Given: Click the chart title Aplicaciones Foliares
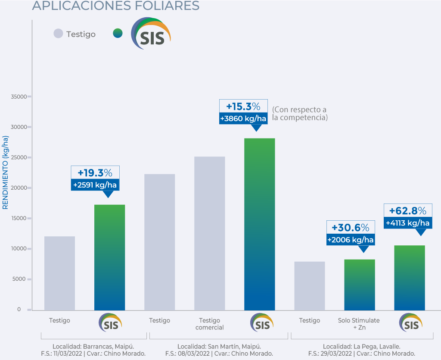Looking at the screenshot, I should (115, 6).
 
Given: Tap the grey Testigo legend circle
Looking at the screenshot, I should (58, 34).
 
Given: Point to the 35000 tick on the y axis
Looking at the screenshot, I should (19, 97).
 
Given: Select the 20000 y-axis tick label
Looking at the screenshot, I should (19, 188).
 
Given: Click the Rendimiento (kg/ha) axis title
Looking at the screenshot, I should (6, 172).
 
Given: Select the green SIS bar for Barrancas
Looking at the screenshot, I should (109, 257).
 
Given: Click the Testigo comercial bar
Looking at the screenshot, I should (209, 233).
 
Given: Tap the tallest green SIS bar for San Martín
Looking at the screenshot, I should (259, 224).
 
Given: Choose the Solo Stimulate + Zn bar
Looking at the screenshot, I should (359, 285).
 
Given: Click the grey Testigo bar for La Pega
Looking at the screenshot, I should (309, 286).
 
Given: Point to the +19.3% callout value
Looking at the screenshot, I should (95, 173).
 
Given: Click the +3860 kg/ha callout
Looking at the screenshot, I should (243, 119).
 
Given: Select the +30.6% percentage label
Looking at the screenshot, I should (350, 228).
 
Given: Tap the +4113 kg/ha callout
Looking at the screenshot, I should (407, 223).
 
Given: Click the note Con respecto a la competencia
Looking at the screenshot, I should (300, 113).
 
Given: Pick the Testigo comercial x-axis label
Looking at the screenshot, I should (209, 324).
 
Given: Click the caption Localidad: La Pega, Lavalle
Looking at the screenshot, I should (361, 346).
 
